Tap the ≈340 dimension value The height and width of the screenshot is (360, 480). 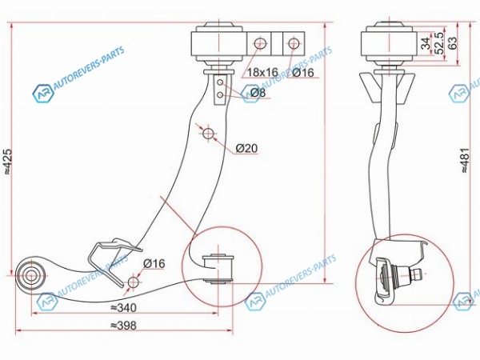click(x=123, y=307)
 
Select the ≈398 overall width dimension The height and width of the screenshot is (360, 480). click(x=123, y=325)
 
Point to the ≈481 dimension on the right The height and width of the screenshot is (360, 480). click(x=465, y=161)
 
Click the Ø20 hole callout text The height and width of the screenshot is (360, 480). click(x=246, y=149)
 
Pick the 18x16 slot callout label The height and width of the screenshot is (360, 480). click(x=262, y=72)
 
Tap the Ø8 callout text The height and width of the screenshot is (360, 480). click(x=258, y=93)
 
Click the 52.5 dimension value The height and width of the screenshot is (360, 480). click(x=439, y=43)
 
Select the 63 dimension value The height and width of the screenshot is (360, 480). click(x=452, y=42)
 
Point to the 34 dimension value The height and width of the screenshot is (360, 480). click(x=426, y=43)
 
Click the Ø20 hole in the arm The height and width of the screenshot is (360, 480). click(x=209, y=133)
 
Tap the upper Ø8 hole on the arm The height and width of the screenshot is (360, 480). click(x=220, y=82)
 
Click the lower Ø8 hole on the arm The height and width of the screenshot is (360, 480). click(x=220, y=95)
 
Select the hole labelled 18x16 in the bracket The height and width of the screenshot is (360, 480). click(x=259, y=43)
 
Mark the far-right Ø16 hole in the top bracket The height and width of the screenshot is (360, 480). click(x=294, y=43)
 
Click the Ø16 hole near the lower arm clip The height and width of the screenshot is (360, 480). click(x=133, y=282)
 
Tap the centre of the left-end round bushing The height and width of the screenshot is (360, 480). click(x=30, y=275)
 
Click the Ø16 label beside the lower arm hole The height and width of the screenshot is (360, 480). click(x=154, y=263)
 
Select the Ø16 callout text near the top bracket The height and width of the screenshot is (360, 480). click(x=303, y=72)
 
